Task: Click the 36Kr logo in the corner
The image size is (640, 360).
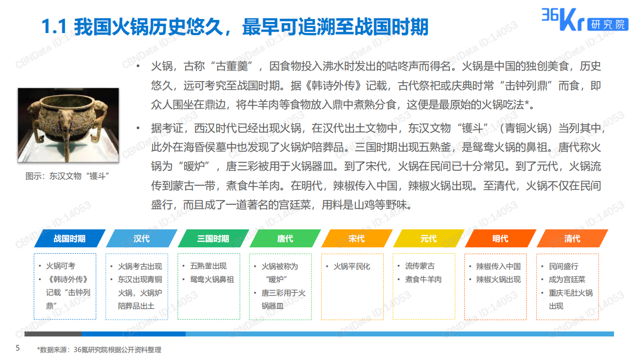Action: (x=584, y=20)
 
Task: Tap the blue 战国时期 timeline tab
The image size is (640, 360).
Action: (x=70, y=238)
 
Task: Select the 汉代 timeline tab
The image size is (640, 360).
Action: (x=142, y=238)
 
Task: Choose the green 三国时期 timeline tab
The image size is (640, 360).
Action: (x=213, y=238)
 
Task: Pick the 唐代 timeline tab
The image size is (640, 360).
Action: (x=285, y=238)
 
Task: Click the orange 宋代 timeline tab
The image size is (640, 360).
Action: (x=357, y=238)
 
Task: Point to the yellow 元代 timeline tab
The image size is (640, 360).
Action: (x=428, y=238)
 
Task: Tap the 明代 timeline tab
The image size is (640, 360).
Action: (x=500, y=238)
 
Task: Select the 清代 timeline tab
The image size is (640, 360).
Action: (x=572, y=238)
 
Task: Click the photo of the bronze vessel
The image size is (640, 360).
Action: (x=69, y=125)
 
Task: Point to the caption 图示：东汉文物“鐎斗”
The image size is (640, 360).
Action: (x=68, y=176)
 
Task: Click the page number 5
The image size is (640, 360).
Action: (x=18, y=348)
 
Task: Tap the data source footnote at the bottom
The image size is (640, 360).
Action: (x=99, y=349)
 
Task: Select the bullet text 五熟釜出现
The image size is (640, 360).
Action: (x=208, y=266)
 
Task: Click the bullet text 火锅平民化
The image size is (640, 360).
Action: (x=352, y=266)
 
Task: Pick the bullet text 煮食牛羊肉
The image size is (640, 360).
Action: (x=423, y=279)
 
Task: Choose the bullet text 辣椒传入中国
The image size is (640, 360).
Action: (x=498, y=266)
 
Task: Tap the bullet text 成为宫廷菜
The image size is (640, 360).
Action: (x=567, y=279)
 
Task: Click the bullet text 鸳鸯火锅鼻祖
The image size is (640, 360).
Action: (x=212, y=279)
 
